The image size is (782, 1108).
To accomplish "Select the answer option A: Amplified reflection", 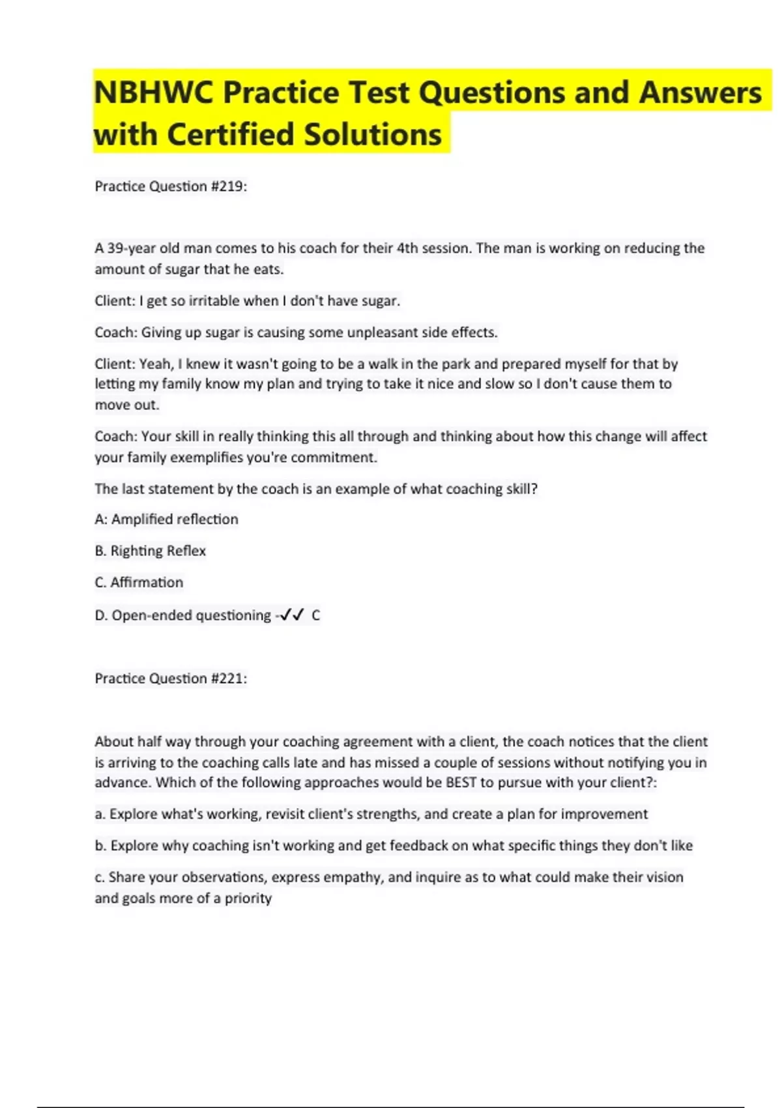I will (166, 519).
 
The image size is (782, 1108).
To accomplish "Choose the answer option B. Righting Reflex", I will (150, 551).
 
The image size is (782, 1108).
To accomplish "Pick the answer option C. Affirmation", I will (139, 582).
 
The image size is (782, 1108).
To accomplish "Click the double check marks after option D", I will (291, 615).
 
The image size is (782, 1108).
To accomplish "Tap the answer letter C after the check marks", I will (316, 615).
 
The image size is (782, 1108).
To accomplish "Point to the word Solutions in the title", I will (373, 135).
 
